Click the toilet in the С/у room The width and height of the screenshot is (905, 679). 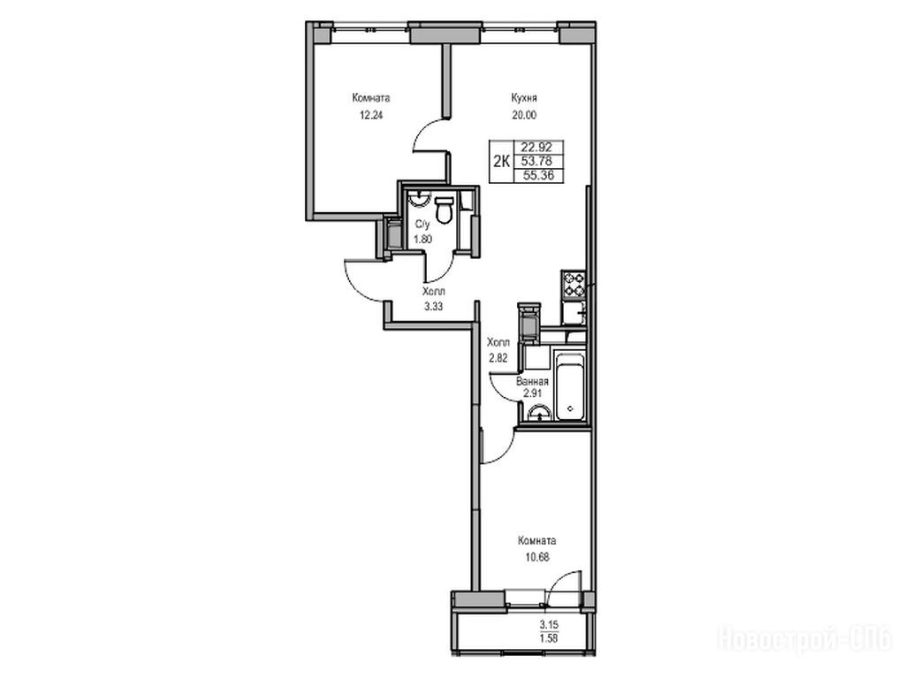[x=444, y=210]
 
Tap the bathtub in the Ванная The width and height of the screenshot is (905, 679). [x=570, y=386]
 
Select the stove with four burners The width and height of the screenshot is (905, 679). [x=574, y=286]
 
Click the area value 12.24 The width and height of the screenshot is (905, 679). [x=370, y=114]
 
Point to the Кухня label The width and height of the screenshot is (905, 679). [x=523, y=98]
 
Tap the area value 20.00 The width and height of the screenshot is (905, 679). [x=523, y=115]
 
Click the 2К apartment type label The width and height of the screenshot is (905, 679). [x=500, y=162]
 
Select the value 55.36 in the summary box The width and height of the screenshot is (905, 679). [x=538, y=176]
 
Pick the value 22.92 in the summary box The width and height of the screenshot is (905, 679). [x=536, y=148]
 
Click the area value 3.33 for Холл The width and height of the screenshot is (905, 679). [x=433, y=307]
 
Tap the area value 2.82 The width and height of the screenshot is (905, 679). [x=498, y=358]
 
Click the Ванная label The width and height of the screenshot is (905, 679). [x=532, y=382]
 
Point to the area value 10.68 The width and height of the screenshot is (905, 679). [x=536, y=557]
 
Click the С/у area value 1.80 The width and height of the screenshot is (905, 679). [x=423, y=239]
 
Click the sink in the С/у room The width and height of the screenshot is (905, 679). [x=418, y=200]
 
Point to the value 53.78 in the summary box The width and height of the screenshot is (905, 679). [x=536, y=162]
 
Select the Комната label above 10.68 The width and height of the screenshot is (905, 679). [x=536, y=541]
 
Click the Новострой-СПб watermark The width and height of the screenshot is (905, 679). [x=806, y=639]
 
